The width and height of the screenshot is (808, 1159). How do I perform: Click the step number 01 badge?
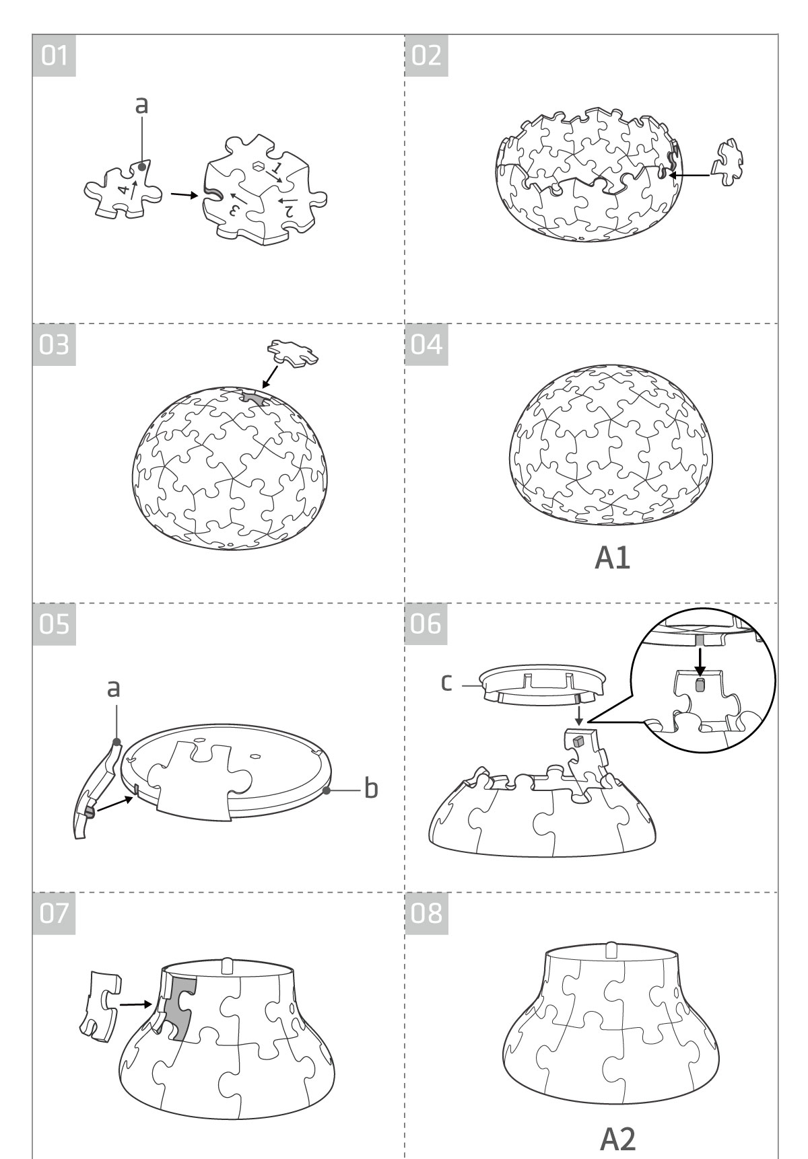(x=54, y=55)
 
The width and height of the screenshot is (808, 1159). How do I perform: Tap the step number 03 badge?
(x=54, y=346)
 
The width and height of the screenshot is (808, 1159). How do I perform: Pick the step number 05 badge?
(x=54, y=624)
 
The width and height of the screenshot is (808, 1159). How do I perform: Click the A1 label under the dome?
(x=613, y=558)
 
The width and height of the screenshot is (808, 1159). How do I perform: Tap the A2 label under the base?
(x=617, y=1137)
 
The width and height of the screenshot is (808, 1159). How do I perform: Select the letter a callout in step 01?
(x=141, y=105)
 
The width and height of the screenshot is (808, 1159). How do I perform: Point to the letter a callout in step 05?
(x=114, y=688)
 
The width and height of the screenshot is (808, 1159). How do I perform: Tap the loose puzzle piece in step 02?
(x=729, y=161)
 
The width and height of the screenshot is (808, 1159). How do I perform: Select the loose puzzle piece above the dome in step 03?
(x=293, y=352)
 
